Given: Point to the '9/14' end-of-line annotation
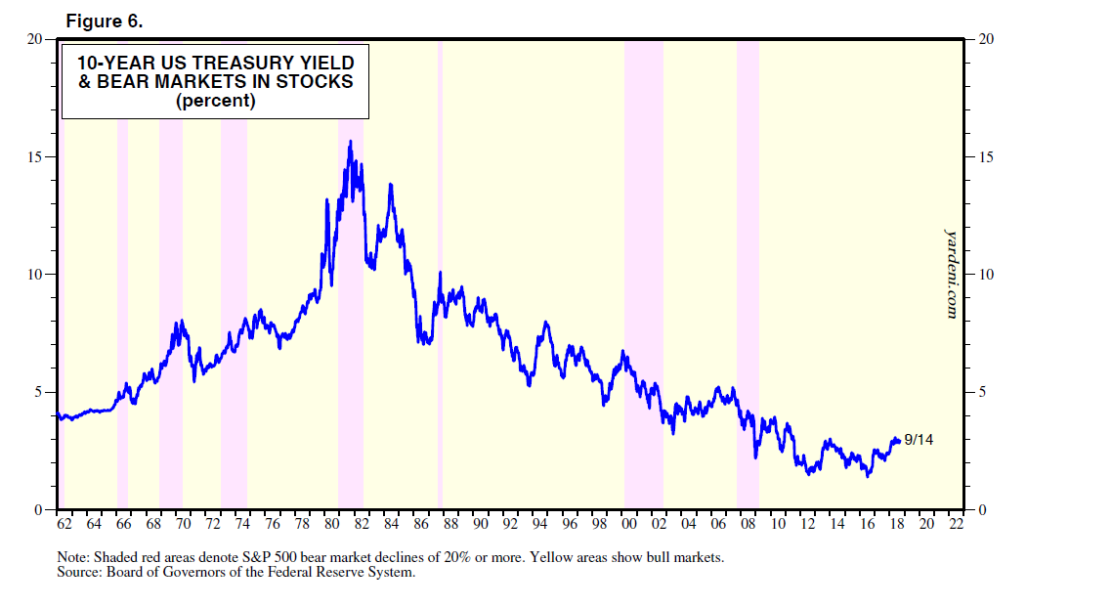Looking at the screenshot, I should coord(919,440).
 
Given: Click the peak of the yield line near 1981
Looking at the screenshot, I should coord(350,142).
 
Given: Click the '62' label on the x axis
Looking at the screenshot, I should coord(64,524).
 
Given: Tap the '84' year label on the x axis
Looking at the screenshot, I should coord(391,524).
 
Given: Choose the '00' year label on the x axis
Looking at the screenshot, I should coord(629,524).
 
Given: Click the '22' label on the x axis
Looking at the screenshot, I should coord(956,524).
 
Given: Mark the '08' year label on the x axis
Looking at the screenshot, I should coord(748,524).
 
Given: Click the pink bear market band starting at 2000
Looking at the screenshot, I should coord(643,244).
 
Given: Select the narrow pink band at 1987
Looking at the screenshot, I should coord(440,195).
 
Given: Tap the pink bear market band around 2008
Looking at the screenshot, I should coord(748,244).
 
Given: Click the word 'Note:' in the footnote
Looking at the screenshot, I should coord(74,557).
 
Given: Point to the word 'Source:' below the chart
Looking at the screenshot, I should coord(81,572).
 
